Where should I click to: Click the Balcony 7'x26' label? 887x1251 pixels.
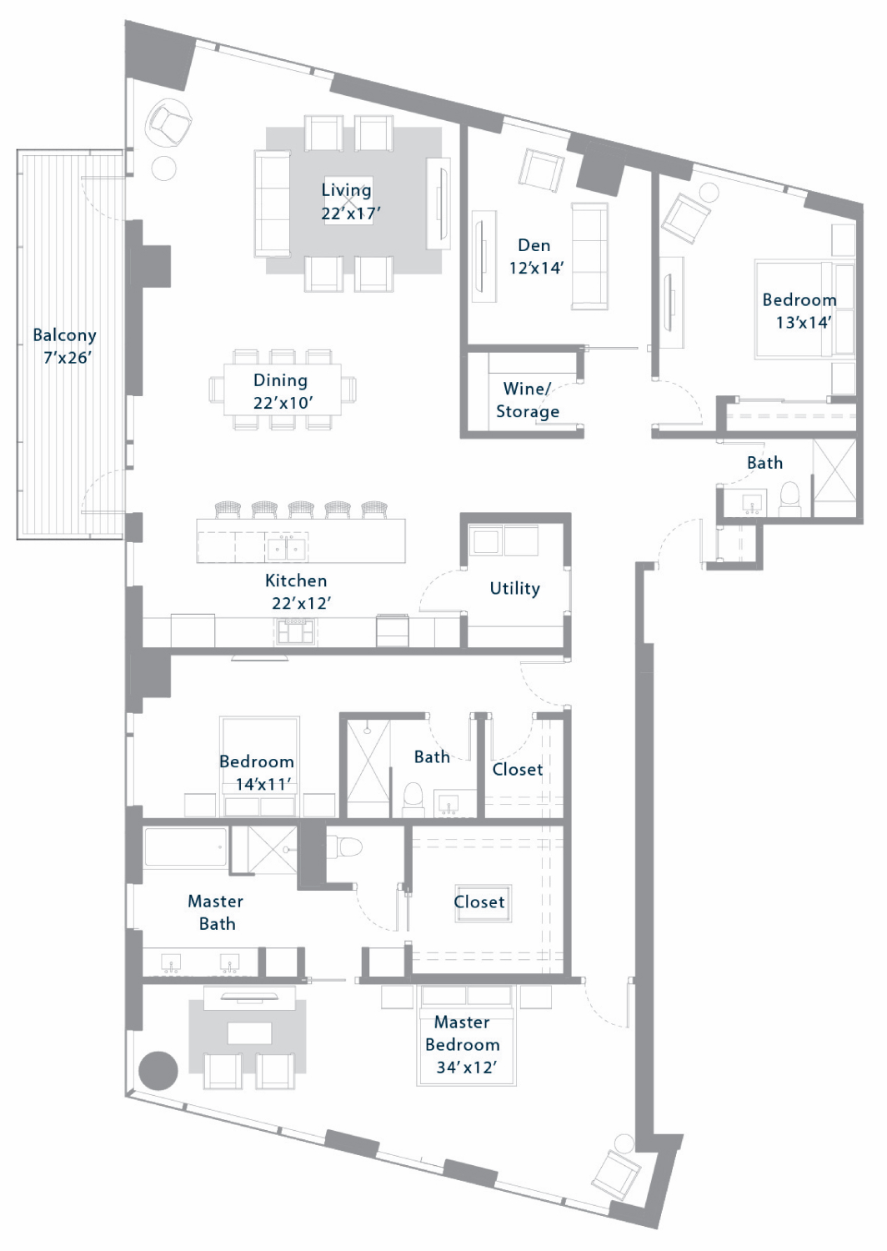coord(64,346)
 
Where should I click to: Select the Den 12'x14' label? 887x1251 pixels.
coord(535,256)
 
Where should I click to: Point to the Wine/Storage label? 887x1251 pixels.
coord(528,399)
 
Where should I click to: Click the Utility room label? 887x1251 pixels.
coord(514,589)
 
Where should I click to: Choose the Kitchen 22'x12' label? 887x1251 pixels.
coord(297,592)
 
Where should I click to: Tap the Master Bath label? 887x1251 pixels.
coord(216,912)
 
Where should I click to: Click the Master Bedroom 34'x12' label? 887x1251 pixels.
coord(462,1044)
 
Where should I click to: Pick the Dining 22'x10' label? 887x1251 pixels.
coord(281,391)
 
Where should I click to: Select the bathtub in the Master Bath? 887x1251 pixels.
coord(185,848)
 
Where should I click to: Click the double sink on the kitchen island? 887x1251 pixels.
coord(287,549)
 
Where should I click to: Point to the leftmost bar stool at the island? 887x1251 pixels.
coord(228,510)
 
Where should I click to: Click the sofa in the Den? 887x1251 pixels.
coord(589,256)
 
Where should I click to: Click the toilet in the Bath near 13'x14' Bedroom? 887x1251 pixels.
coord(789,498)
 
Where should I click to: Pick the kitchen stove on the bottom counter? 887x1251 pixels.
coord(296,631)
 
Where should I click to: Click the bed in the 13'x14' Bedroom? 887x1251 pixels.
coord(804,309)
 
